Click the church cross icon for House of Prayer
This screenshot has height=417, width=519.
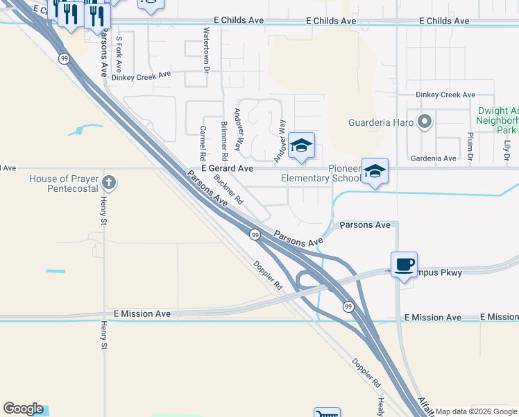coord(108,183)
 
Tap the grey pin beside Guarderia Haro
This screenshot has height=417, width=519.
coord(425,123)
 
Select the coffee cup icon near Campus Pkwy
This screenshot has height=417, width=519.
coord(404,264)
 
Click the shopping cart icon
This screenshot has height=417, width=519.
coord(327,413)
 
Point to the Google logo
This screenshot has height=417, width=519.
coord(23,409)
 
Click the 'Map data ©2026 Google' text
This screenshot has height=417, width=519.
coord(476,411)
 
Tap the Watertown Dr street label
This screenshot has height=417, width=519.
coord(206,50)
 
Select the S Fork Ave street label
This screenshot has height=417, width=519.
coord(119,55)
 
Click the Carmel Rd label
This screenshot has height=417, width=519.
coord(203,140)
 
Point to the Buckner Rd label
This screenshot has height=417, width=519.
coord(228,189)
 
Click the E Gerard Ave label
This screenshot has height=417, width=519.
coord(227,168)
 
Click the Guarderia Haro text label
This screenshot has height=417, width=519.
coord(380,124)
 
